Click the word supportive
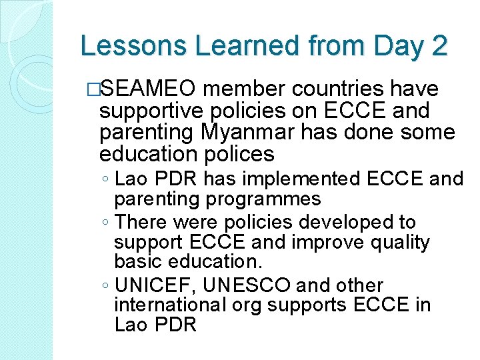pyautogui.click(x=151, y=111)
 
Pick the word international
pyautogui.click(x=171, y=305)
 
